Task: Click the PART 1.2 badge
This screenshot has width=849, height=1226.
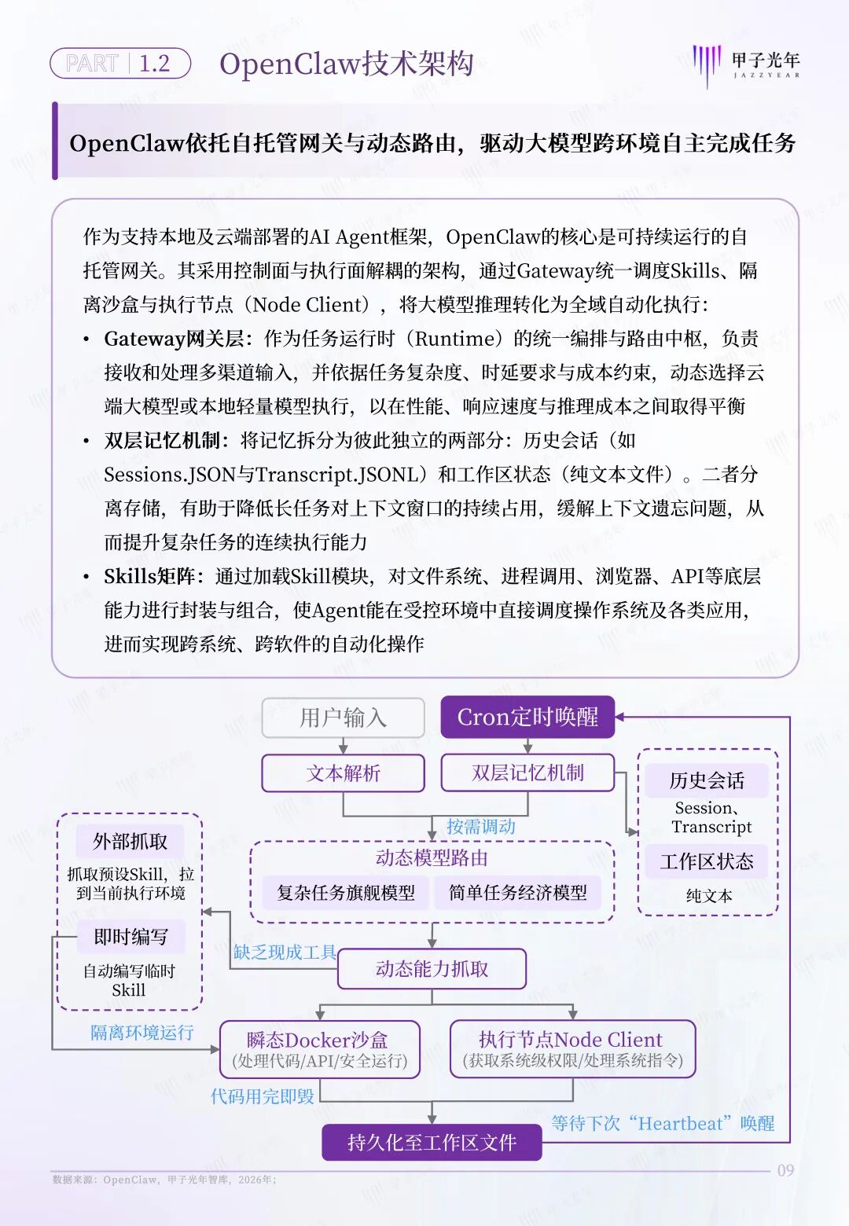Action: pyautogui.click(x=119, y=64)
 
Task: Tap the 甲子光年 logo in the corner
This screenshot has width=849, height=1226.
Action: pyautogui.click(x=746, y=66)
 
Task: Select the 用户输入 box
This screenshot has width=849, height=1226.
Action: pyautogui.click(x=344, y=718)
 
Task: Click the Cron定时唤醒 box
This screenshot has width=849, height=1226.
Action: pyautogui.click(x=527, y=717)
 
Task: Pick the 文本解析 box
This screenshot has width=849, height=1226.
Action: pyautogui.click(x=344, y=773)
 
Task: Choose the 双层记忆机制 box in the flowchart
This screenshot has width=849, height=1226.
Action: pyautogui.click(x=527, y=773)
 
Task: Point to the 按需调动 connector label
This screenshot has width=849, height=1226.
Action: pyautogui.click(x=480, y=826)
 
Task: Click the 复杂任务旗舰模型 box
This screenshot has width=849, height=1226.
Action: pyautogui.click(x=346, y=893)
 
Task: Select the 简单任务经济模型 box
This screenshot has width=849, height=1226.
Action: pyautogui.click(x=518, y=893)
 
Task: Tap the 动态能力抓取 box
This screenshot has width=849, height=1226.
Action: pyautogui.click(x=432, y=969)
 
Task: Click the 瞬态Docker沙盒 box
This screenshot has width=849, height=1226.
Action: pyautogui.click(x=320, y=1049)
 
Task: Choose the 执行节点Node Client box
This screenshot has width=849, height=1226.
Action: pyautogui.click(x=572, y=1049)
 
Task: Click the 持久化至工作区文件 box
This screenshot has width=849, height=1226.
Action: pyautogui.click(x=432, y=1142)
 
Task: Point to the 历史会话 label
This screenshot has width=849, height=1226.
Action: pyautogui.click(x=707, y=780)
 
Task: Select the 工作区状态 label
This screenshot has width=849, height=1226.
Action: pyautogui.click(x=707, y=861)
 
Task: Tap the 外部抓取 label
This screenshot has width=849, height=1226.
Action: pyautogui.click(x=130, y=841)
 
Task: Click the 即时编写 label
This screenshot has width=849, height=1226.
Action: pyautogui.click(x=130, y=937)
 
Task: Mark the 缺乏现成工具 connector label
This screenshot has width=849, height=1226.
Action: pyautogui.click(x=285, y=953)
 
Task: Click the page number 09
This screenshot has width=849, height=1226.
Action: pyautogui.click(x=785, y=1170)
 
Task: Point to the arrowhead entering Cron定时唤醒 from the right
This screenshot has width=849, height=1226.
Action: pyautogui.click(x=619, y=717)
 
